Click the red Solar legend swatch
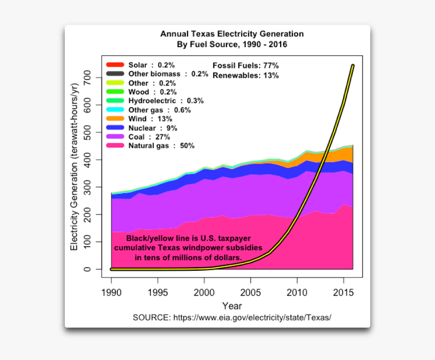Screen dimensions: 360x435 coord(115,65)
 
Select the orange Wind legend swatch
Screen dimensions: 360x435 coord(115,118)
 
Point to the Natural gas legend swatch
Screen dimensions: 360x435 coord(115,146)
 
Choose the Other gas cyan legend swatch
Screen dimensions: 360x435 coord(115,110)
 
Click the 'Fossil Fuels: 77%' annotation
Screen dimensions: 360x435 coord(245,66)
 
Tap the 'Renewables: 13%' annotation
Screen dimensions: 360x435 coord(245,75)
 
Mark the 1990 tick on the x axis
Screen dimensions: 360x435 coord(111,293)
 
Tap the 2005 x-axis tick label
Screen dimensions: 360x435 coord(251,293)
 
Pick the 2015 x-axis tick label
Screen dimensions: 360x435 coord(343,293)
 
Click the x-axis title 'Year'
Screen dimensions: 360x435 coord(232,306)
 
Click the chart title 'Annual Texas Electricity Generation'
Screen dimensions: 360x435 coord(232,34)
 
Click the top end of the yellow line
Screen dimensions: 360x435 coord(353,65)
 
